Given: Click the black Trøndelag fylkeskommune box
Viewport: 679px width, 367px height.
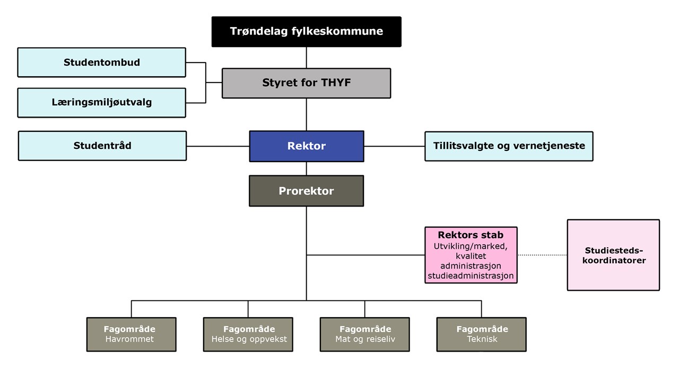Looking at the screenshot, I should [x=306, y=31].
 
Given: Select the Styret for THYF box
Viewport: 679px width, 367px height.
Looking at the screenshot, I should [x=306, y=83].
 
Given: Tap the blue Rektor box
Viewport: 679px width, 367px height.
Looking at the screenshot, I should [x=306, y=146].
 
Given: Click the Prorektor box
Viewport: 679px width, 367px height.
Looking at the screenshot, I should [x=306, y=191].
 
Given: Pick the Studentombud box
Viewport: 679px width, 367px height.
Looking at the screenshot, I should [x=101, y=62].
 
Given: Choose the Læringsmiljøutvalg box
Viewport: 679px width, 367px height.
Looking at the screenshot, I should [x=101, y=102].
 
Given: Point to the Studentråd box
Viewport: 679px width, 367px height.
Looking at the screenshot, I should [x=102, y=146].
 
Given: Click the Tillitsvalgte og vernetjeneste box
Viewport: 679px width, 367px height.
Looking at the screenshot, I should [x=509, y=146].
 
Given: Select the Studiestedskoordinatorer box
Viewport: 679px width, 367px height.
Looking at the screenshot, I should [x=613, y=255].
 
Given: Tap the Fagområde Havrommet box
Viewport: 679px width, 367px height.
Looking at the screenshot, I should [x=131, y=334].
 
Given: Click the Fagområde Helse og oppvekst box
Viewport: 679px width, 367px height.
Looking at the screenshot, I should [x=248, y=334].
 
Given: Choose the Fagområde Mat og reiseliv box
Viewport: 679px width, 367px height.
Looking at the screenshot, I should [x=364, y=334].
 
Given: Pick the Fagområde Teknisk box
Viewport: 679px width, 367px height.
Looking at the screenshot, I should [x=481, y=334].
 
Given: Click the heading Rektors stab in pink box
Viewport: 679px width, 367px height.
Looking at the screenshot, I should [x=471, y=235].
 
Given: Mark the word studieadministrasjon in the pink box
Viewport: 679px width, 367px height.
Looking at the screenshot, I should [x=471, y=276].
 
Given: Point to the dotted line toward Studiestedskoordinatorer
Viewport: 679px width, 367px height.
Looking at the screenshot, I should [x=542, y=255].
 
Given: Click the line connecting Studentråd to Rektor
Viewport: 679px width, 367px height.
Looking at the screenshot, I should [x=217, y=146].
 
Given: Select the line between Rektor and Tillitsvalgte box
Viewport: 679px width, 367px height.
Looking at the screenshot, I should [x=394, y=146].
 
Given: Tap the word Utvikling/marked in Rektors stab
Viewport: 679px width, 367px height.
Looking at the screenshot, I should [x=471, y=246].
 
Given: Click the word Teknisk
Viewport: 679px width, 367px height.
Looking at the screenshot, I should [x=482, y=339].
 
